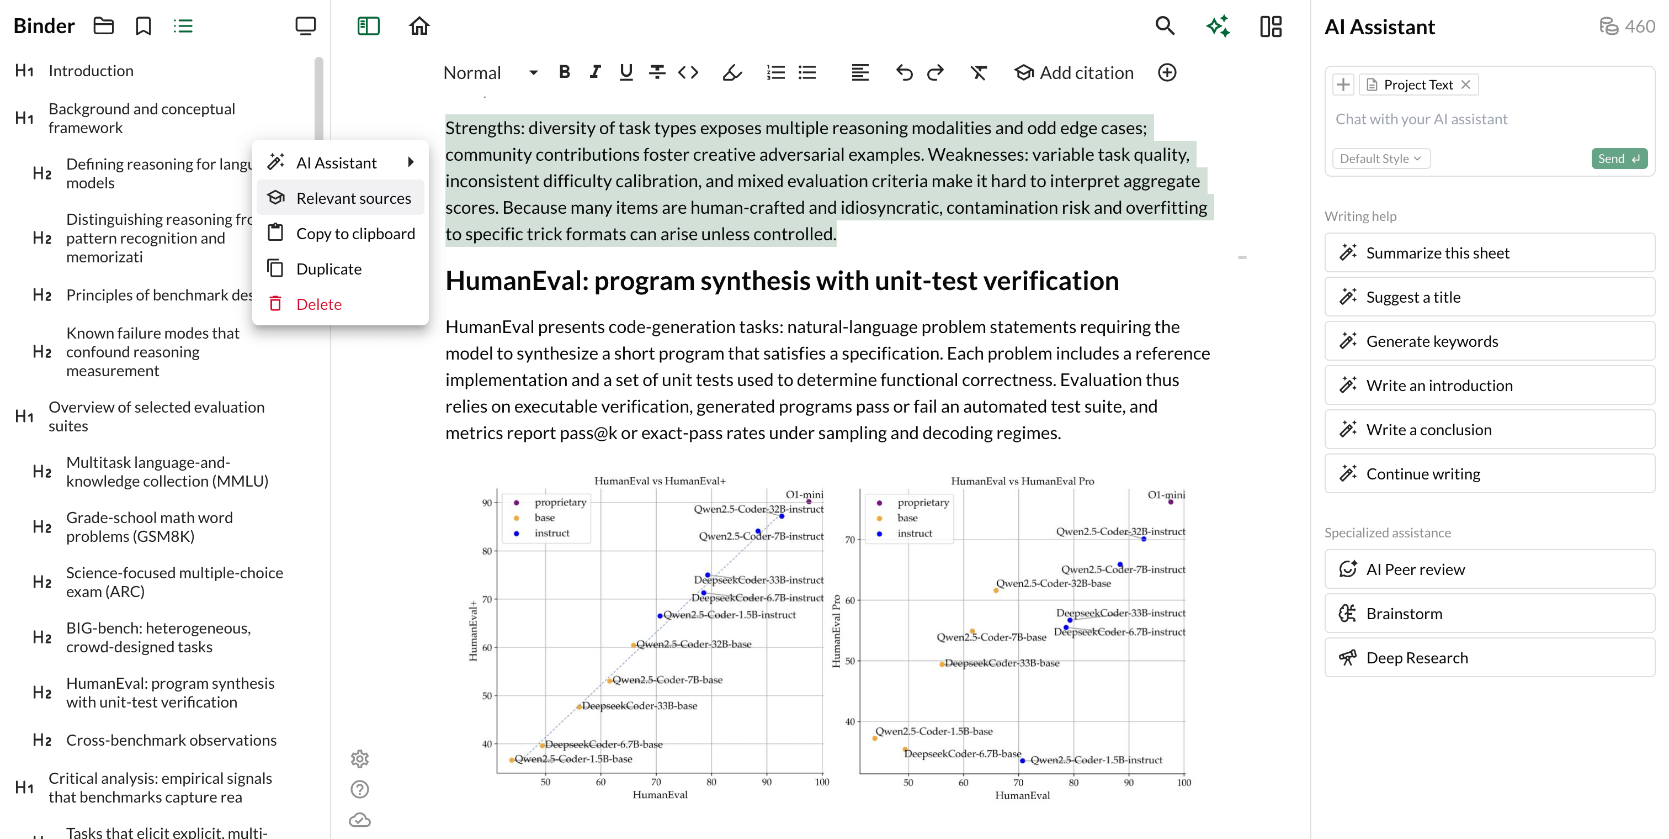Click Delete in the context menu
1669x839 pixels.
(x=318, y=304)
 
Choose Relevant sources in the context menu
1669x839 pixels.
(x=353, y=198)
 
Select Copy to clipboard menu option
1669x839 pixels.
(x=355, y=234)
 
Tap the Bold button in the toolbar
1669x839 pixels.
(x=564, y=72)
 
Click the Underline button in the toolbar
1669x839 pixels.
(x=625, y=72)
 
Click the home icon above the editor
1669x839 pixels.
(x=419, y=26)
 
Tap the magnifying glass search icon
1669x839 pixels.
(x=1165, y=26)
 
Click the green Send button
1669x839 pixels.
(x=1618, y=158)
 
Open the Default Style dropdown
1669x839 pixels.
(x=1380, y=158)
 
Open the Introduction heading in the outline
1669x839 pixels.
(x=91, y=71)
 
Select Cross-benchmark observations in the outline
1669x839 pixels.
(x=171, y=740)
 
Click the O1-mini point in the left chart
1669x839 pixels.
(x=809, y=501)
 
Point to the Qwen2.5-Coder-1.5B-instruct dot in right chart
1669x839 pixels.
(x=1022, y=761)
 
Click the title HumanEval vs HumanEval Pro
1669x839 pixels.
(x=1022, y=481)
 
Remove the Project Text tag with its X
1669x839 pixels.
(x=1465, y=85)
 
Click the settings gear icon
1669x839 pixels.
(x=360, y=758)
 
